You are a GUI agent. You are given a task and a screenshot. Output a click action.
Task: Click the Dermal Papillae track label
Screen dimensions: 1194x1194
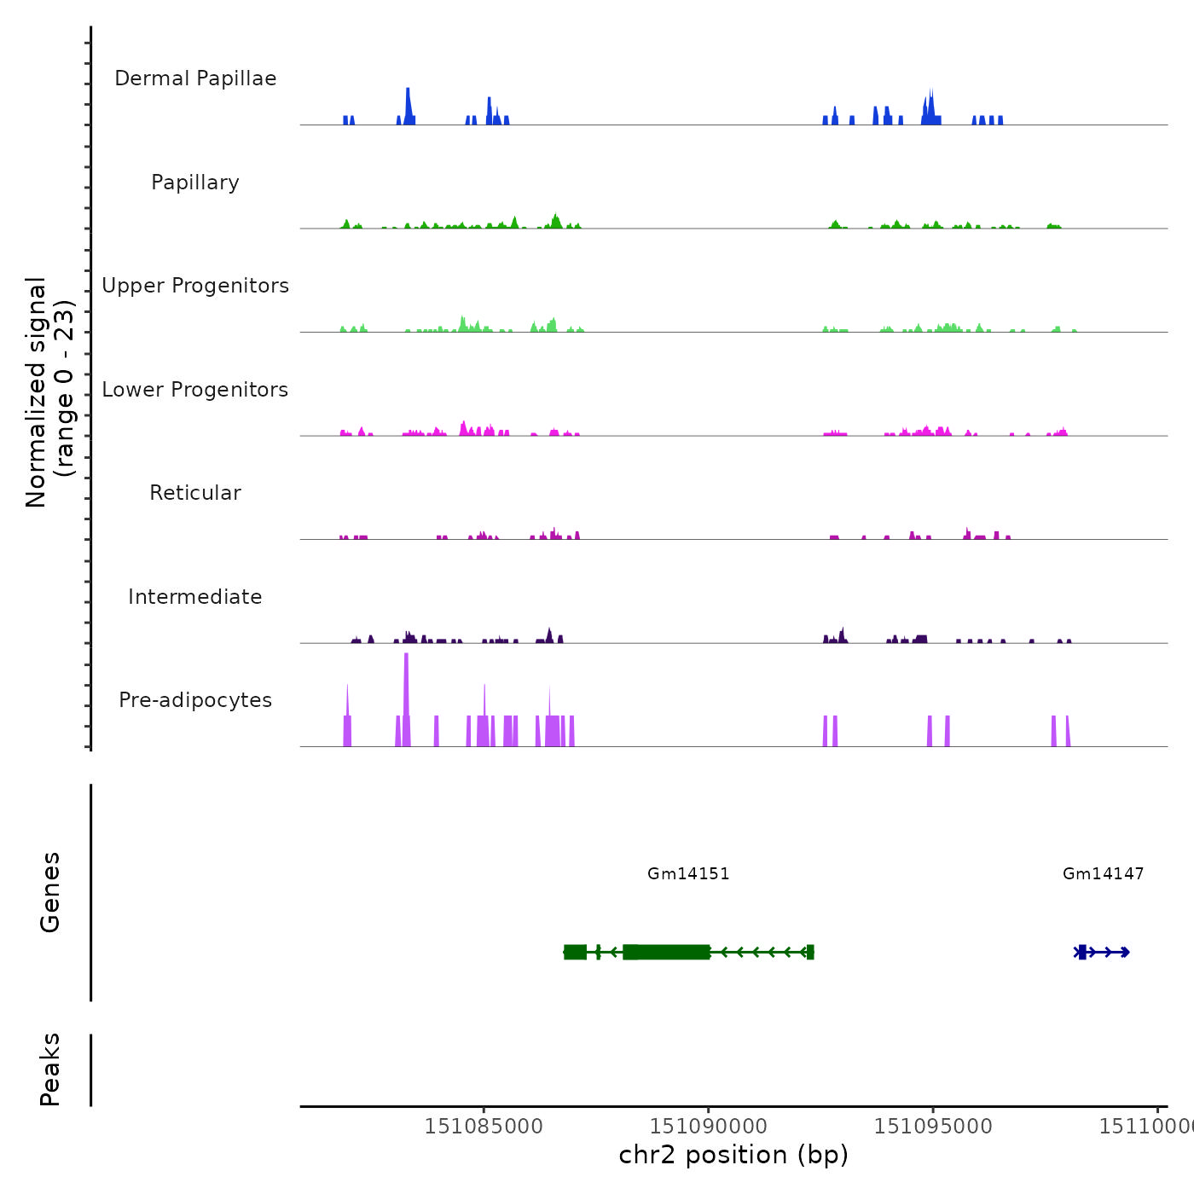[195, 78]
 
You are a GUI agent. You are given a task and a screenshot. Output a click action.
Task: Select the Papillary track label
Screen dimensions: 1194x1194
[195, 183]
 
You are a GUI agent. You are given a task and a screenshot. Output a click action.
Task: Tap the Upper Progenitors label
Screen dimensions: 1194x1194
[195, 286]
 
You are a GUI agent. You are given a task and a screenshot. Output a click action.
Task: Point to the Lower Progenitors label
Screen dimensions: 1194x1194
[195, 390]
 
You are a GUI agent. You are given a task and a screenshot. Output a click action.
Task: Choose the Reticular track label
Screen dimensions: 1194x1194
[195, 493]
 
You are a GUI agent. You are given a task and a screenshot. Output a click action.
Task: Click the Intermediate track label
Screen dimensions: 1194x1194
[195, 597]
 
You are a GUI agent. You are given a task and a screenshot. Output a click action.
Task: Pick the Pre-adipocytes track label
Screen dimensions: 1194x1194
[195, 700]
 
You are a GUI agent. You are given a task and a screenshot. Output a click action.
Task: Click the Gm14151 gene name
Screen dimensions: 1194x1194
[688, 873]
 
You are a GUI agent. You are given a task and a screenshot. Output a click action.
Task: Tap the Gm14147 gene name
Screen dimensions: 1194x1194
[1103, 873]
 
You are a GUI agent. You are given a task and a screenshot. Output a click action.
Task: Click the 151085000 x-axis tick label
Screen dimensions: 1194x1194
[484, 1127]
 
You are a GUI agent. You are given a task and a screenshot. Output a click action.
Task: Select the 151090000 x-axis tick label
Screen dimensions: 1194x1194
[708, 1127]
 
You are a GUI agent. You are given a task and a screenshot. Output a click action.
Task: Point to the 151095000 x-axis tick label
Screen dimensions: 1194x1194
[933, 1127]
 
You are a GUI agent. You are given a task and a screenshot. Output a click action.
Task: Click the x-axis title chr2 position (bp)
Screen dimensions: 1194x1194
[733, 1155]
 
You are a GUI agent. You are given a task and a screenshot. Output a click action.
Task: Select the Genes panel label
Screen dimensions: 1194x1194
[50, 892]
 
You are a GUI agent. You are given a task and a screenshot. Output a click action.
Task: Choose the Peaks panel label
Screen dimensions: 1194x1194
[50, 1069]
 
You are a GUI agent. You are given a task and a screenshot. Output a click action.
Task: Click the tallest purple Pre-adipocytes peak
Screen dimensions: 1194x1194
[406, 699]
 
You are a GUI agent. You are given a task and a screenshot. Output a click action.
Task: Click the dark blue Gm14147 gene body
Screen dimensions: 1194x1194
[1102, 952]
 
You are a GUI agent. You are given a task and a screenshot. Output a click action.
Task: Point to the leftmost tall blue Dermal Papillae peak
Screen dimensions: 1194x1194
[408, 106]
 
